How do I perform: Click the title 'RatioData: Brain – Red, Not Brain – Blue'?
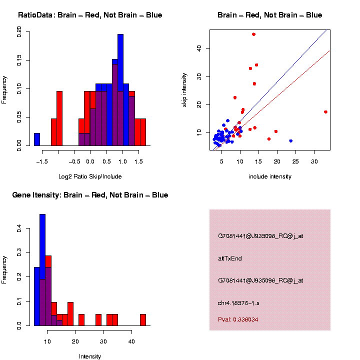(90, 15)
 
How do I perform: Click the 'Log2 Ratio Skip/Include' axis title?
(90, 176)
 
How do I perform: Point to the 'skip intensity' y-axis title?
(184, 89)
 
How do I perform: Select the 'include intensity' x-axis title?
(270, 176)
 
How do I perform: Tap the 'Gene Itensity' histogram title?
(90, 195)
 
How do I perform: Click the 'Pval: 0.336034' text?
(238, 319)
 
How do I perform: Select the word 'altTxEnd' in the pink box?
(230, 258)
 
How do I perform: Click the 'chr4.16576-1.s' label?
(238, 303)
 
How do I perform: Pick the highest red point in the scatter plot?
(254, 34)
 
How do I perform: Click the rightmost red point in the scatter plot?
(325, 112)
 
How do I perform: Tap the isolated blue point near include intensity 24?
(290, 141)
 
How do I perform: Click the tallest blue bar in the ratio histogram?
(120, 90)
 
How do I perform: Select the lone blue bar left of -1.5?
(37, 139)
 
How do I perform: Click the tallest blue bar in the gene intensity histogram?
(42, 270)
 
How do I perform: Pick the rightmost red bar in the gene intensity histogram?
(142, 319)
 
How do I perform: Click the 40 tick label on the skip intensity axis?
(198, 48)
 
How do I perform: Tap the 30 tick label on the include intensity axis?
(314, 161)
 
